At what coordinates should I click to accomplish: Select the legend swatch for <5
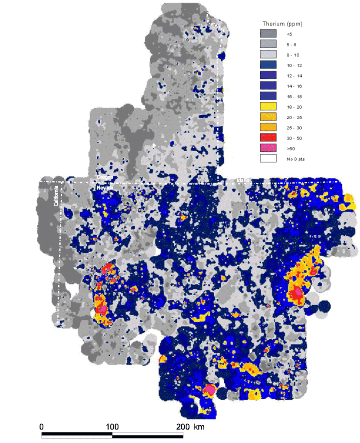point(268,33)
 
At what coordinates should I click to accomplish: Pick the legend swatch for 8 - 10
point(268,55)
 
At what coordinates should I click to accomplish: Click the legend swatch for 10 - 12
point(268,65)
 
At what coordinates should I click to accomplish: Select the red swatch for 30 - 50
point(268,138)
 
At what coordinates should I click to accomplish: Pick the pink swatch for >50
point(268,148)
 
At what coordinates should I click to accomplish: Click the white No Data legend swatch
point(268,159)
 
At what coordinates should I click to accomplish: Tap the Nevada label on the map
point(105,187)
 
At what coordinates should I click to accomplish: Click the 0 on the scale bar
point(42,427)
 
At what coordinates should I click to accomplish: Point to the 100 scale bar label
point(112,427)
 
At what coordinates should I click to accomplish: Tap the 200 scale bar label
point(183,427)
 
